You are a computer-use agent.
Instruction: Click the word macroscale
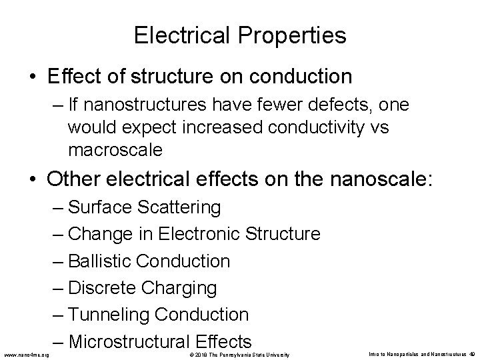115,149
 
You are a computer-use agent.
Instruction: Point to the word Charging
182,288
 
